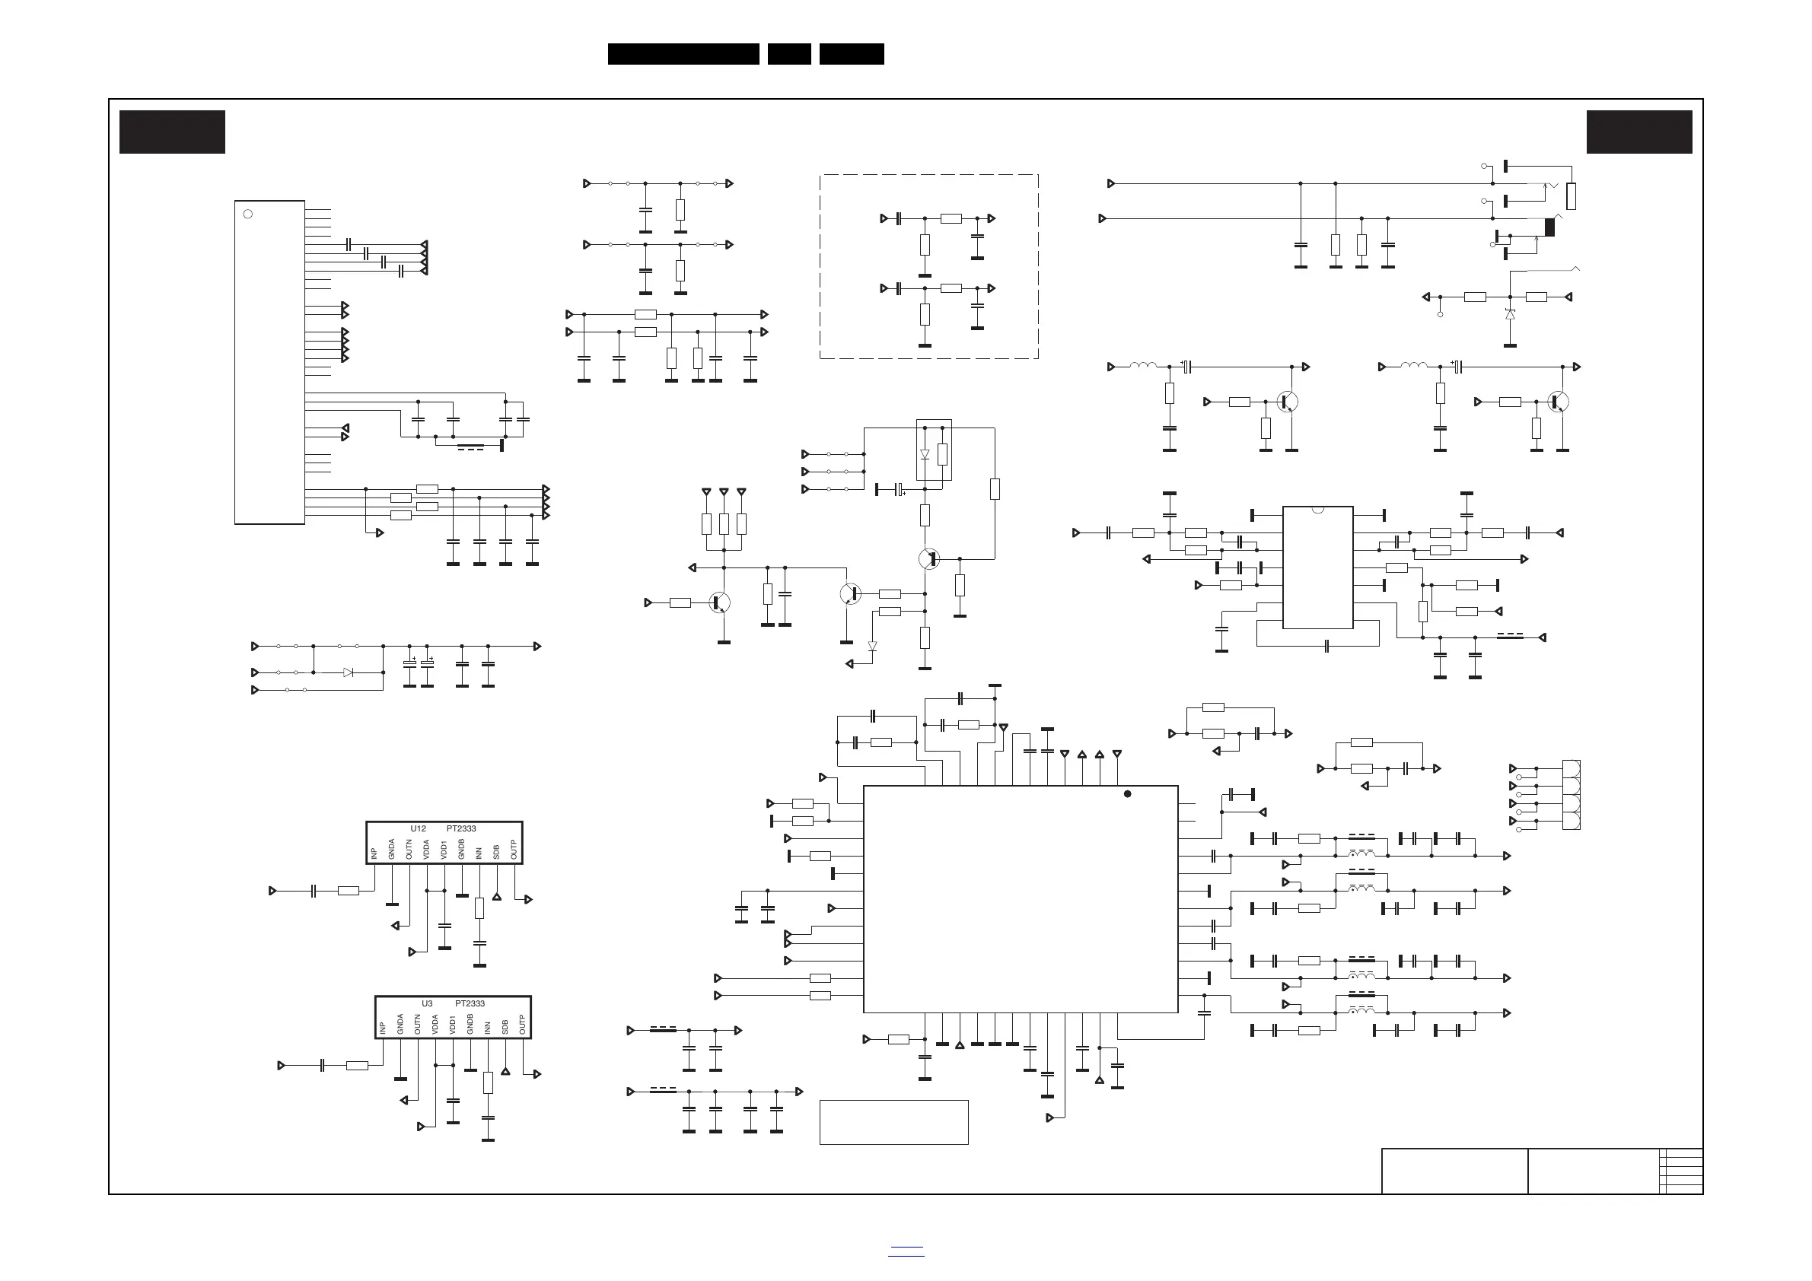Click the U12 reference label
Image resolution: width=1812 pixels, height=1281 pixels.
419,828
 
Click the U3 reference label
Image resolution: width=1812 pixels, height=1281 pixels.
427,1003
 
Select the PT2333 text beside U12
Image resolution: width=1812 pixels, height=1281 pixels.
462,828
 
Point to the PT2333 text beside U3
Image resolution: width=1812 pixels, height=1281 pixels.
470,1003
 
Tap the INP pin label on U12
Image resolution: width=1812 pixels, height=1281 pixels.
374,853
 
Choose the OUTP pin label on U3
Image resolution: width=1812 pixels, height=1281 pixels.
523,1025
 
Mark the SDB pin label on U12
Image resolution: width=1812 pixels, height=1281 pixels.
496,852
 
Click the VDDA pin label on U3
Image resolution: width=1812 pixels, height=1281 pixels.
435,1024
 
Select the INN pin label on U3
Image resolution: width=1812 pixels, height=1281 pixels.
488,1027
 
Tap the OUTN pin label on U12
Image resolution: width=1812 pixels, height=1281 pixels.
409,850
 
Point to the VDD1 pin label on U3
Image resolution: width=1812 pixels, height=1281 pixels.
453,1024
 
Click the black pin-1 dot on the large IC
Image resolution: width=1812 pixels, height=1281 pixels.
1128,793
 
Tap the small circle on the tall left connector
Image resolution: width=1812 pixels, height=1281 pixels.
248,214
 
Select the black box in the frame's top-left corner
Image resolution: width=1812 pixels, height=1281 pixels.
172,132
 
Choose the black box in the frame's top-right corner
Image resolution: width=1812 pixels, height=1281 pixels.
1639,132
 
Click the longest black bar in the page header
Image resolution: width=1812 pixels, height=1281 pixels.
683,54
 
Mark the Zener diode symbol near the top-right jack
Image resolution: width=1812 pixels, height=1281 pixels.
1510,315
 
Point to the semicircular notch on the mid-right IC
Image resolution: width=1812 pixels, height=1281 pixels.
1317,510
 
